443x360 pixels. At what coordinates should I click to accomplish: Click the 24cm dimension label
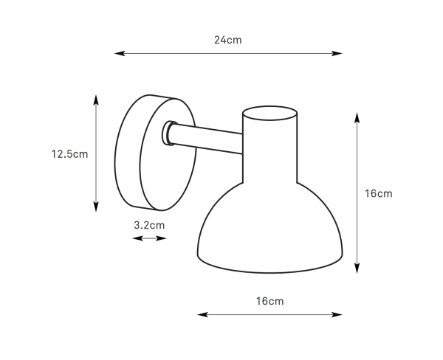(x=227, y=40)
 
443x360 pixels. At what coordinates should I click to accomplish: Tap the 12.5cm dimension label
(x=69, y=154)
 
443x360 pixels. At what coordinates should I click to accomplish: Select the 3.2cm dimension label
(x=149, y=225)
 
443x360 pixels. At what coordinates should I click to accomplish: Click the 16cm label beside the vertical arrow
(x=378, y=194)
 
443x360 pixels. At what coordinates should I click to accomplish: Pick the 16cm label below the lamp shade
(x=269, y=301)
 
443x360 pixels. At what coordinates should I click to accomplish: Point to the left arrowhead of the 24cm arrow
(x=120, y=53)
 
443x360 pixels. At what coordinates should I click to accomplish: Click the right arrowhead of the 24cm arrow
(x=337, y=53)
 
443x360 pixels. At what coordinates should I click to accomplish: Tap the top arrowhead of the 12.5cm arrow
(x=96, y=100)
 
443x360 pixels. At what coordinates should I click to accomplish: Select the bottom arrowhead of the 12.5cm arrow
(x=96, y=207)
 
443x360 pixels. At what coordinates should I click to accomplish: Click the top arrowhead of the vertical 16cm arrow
(x=357, y=118)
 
